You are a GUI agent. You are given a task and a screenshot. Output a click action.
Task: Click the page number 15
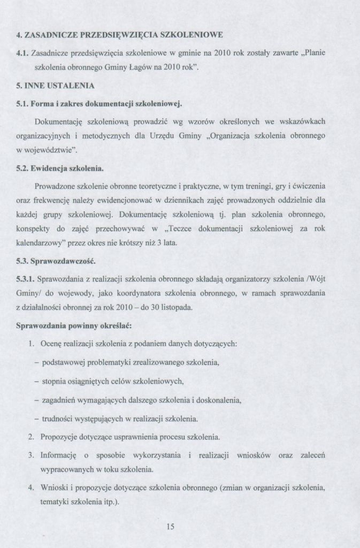[x=171, y=527]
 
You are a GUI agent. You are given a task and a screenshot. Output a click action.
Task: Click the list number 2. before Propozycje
[x=31, y=437]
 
